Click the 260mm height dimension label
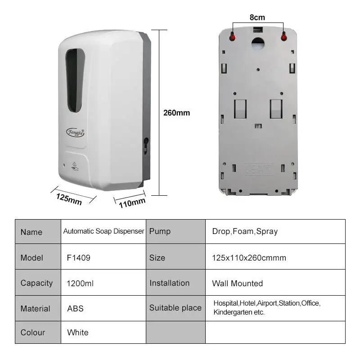click(176, 112)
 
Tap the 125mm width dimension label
click(69, 198)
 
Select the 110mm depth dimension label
click(132, 203)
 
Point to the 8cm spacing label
click(257, 18)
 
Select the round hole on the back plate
click(258, 43)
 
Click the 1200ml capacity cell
click(80, 283)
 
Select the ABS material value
click(75, 309)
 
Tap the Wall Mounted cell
click(237, 283)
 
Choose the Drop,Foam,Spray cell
click(245, 232)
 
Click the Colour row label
click(33, 333)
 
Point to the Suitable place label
click(175, 308)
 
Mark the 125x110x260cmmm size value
click(249, 258)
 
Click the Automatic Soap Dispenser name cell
click(103, 231)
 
